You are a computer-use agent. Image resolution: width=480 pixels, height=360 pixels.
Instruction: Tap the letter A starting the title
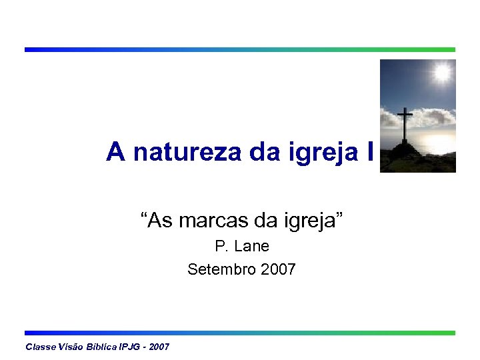(115, 153)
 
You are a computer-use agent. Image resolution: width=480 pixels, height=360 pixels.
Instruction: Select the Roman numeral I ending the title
(370, 153)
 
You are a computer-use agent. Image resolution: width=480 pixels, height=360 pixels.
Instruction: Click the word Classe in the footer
(41, 347)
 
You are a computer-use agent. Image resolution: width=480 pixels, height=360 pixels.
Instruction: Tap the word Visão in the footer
(73, 347)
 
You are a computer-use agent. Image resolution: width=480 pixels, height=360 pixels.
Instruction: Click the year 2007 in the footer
(160, 347)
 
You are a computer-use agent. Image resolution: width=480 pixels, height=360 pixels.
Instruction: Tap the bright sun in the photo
(441, 72)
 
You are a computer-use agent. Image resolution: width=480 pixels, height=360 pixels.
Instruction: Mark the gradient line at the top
(240, 49)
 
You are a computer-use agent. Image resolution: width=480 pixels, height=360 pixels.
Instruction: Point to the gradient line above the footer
(240, 333)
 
